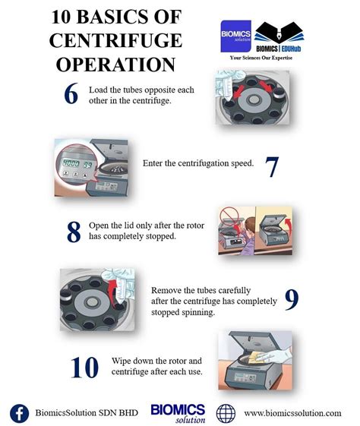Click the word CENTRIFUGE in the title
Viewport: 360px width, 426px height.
point(115,40)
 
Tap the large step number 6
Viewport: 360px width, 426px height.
point(71,93)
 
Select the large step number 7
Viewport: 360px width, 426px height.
point(272,167)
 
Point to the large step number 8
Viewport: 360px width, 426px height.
point(74,232)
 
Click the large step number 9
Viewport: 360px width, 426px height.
point(292,300)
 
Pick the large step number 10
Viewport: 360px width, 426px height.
point(84,368)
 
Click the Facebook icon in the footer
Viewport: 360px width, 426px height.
point(19,414)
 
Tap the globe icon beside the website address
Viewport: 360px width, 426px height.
point(226,413)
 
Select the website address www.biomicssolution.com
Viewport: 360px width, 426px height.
point(292,413)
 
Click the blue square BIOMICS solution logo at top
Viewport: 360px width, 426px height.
point(235,36)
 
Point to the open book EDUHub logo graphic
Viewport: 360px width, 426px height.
point(279,33)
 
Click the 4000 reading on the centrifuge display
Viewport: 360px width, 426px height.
point(71,163)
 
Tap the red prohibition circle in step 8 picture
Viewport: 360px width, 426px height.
point(229,216)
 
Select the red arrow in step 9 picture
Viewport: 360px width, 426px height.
point(112,293)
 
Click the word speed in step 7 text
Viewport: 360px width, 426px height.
point(242,163)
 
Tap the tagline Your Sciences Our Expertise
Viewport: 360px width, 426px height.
point(261,58)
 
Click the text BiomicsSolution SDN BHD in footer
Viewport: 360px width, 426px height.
point(87,412)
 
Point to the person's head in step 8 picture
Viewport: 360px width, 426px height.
point(250,225)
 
